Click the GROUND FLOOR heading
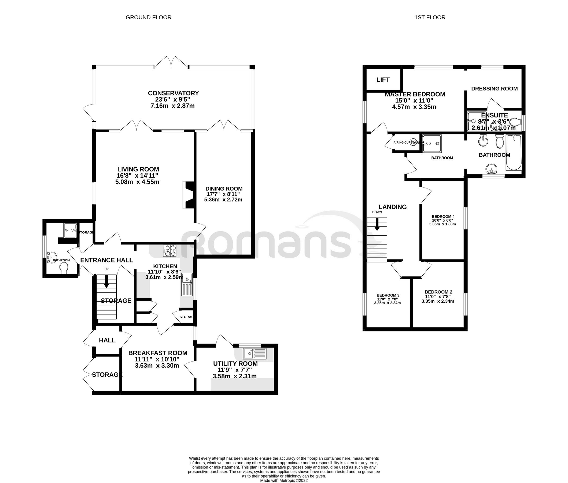point(148,17)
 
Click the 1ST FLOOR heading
point(430,17)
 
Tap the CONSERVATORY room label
point(173,93)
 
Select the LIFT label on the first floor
point(383,80)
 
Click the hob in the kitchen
point(170,251)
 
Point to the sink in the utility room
point(254,354)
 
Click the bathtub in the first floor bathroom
point(514,152)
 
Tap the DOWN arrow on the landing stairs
point(377,224)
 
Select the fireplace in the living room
point(189,195)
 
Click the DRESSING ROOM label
point(494,89)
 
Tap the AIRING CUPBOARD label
point(406,143)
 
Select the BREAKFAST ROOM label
point(158,353)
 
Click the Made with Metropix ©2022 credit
point(284,480)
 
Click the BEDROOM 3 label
point(388,295)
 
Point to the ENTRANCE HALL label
point(106,260)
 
